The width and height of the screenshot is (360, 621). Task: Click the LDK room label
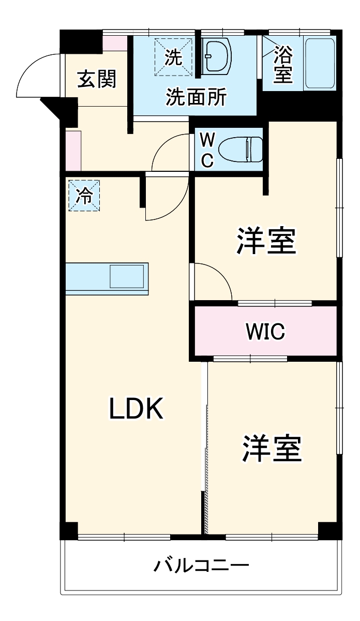[136, 409]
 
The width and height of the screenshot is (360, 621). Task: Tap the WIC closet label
[265, 331]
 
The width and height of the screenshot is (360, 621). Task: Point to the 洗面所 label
[196, 97]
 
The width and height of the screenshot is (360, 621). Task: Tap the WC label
[207, 150]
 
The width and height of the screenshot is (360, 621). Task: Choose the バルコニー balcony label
[201, 564]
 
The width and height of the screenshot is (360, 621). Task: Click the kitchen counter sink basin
[126, 277]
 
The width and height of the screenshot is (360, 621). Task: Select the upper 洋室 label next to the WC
[266, 241]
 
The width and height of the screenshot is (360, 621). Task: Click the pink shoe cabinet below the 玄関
[73, 151]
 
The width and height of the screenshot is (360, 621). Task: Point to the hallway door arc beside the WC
[168, 150]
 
